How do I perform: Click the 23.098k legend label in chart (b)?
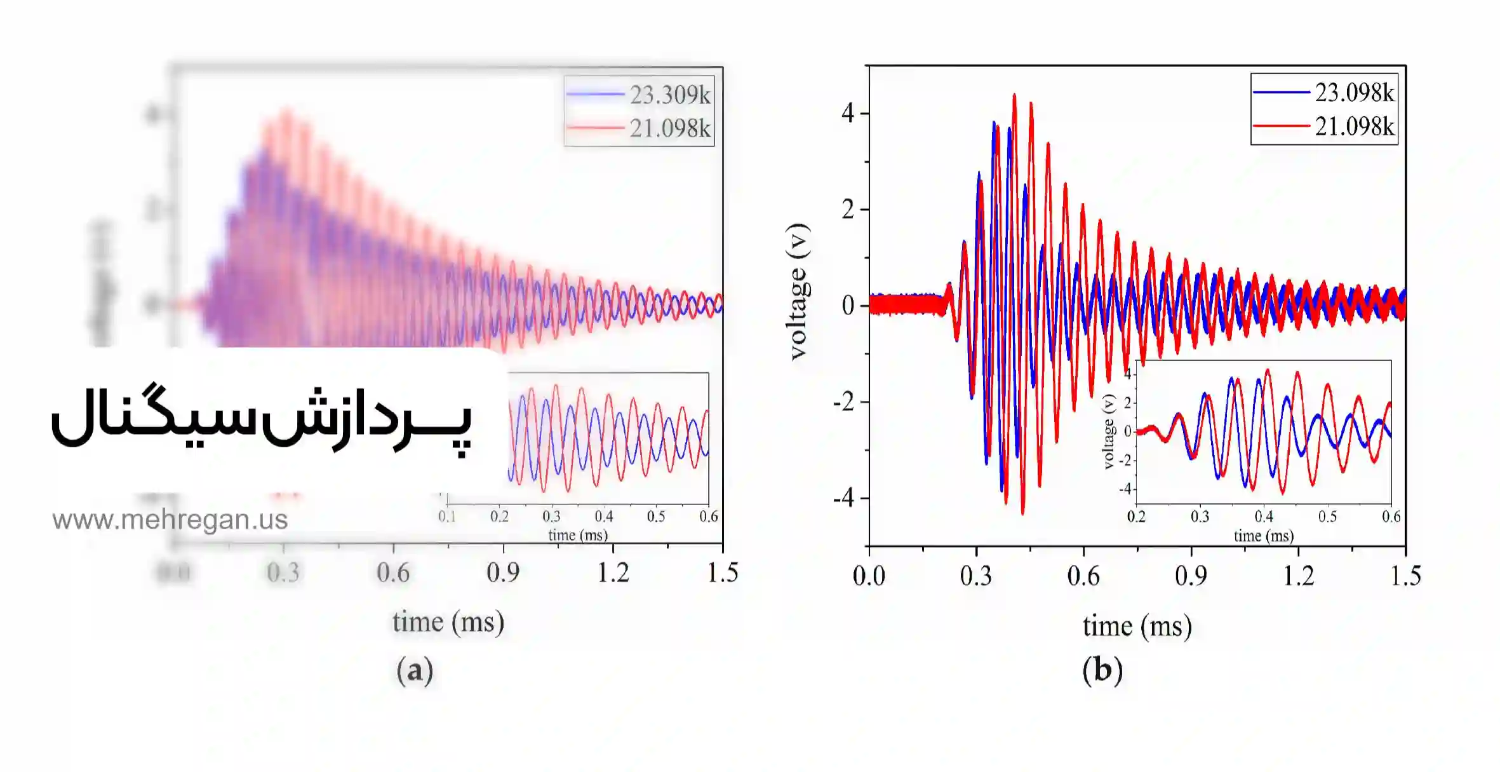click(x=1354, y=93)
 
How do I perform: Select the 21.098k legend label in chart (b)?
click(x=1354, y=126)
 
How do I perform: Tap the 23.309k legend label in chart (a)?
click(x=670, y=95)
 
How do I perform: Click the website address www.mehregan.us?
click(x=170, y=520)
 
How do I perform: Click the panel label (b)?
click(x=1102, y=670)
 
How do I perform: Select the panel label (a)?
click(x=415, y=670)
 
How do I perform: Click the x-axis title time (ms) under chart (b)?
click(x=1137, y=626)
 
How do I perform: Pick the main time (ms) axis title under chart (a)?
click(x=448, y=622)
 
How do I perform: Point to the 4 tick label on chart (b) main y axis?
click(x=848, y=114)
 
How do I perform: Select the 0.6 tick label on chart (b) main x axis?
click(x=1083, y=576)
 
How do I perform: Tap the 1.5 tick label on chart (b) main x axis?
click(x=1405, y=576)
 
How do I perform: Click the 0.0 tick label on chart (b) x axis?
click(x=869, y=576)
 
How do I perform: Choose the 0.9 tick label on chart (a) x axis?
click(x=503, y=573)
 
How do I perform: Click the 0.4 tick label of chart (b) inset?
click(x=1264, y=517)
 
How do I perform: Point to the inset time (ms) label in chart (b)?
click(x=1264, y=536)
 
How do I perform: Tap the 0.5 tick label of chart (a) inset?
click(x=656, y=517)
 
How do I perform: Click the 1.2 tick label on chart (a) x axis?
click(x=613, y=573)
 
